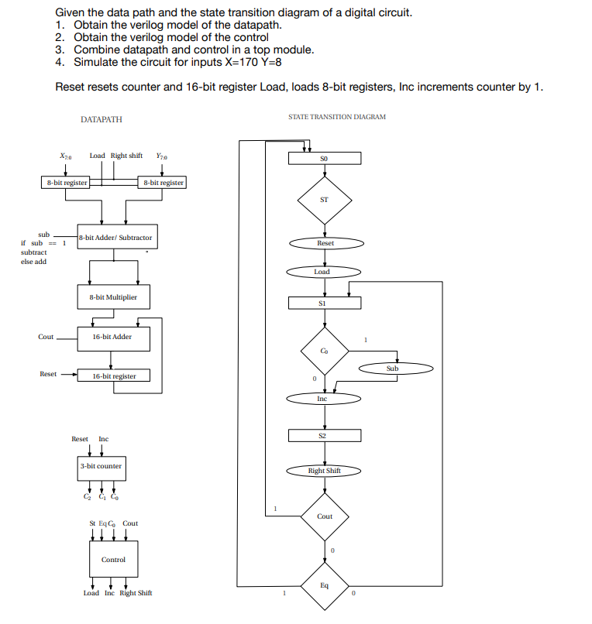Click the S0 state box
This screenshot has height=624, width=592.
[324, 159]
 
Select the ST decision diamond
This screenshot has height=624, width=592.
[324, 200]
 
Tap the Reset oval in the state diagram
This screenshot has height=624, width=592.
[325, 243]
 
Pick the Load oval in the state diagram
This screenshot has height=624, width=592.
[323, 272]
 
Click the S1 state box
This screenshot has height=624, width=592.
[324, 303]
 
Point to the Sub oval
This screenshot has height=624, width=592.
[392, 369]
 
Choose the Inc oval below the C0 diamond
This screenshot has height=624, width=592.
[323, 399]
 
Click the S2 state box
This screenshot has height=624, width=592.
[324, 436]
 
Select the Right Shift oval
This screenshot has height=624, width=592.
[324, 471]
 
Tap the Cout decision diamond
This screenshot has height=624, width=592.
[325, 516]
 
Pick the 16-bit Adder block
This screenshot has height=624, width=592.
[112, 337]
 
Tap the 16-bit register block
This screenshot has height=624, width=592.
[114, 376]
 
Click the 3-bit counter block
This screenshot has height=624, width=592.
[101, 466]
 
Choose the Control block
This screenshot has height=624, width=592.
[113, 559]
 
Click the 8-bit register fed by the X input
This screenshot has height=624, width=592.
[66, 183]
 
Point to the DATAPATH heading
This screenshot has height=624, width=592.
[101, 120]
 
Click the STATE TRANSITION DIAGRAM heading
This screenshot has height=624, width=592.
[336, 117]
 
